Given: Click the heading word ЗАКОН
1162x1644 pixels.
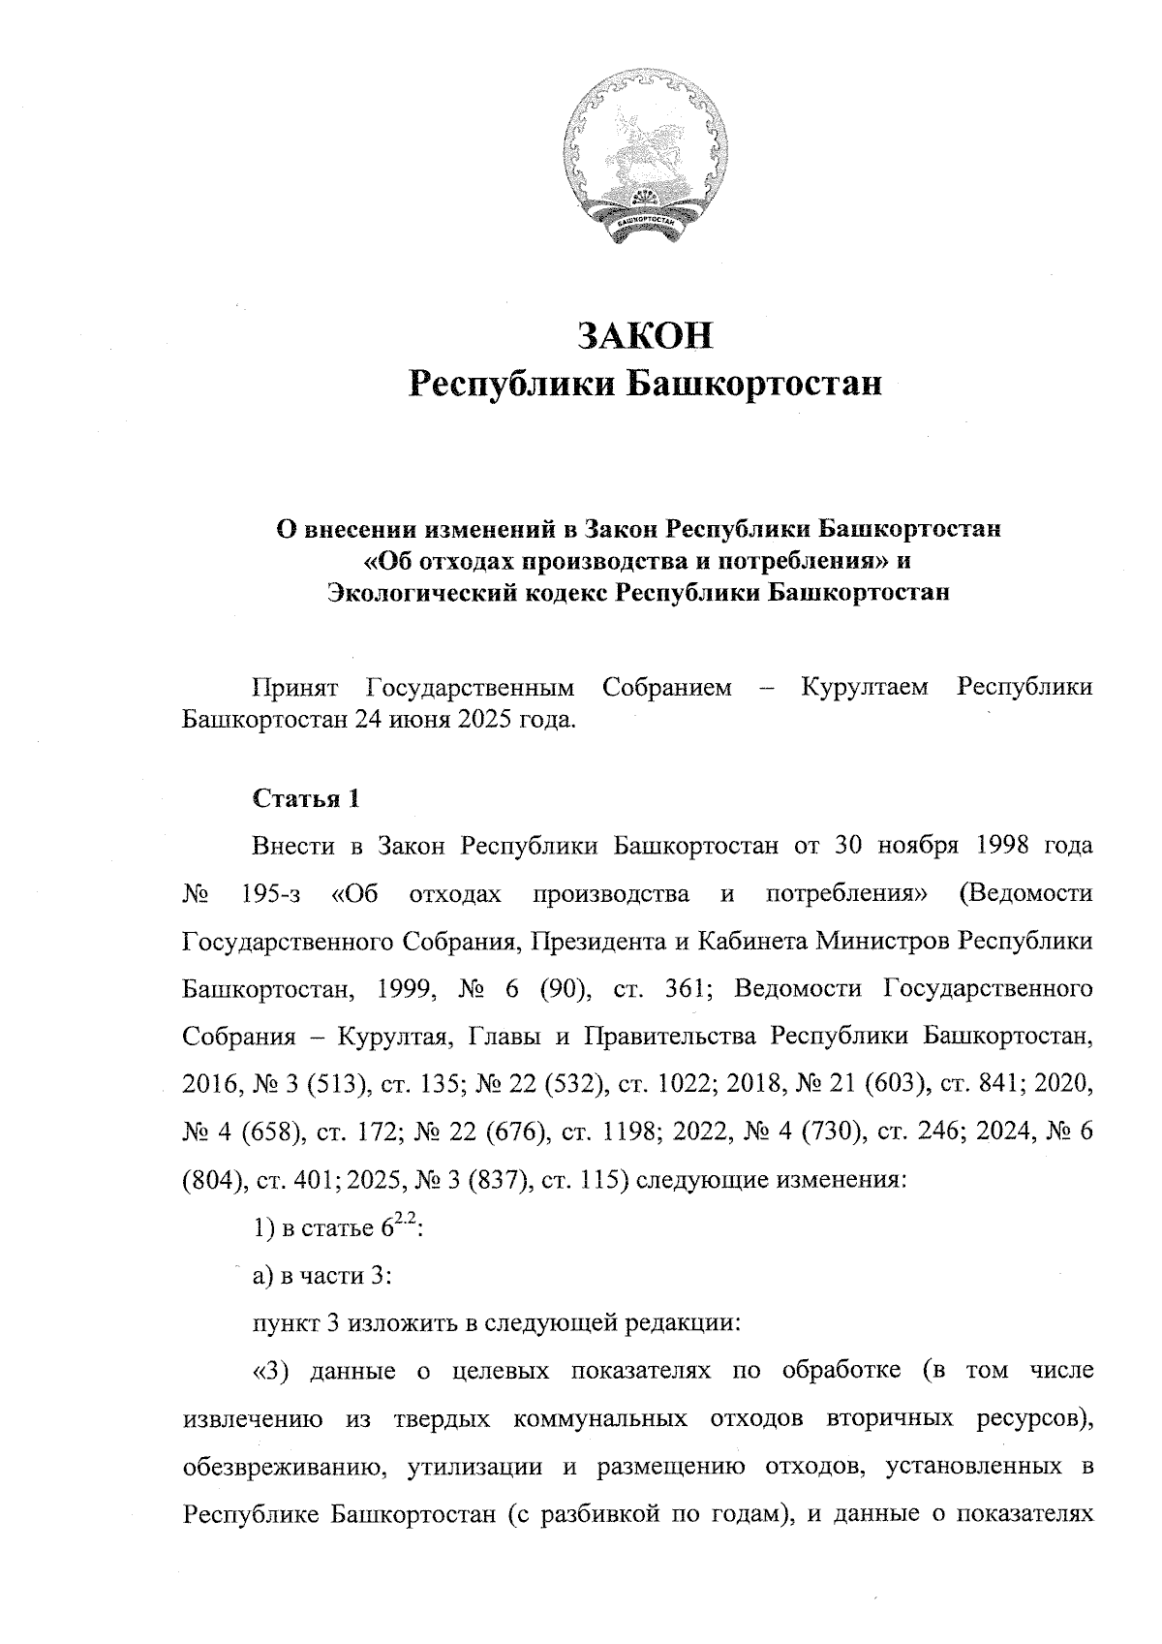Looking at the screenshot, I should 645,335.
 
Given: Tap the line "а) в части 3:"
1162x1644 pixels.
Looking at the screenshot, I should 321,1276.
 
